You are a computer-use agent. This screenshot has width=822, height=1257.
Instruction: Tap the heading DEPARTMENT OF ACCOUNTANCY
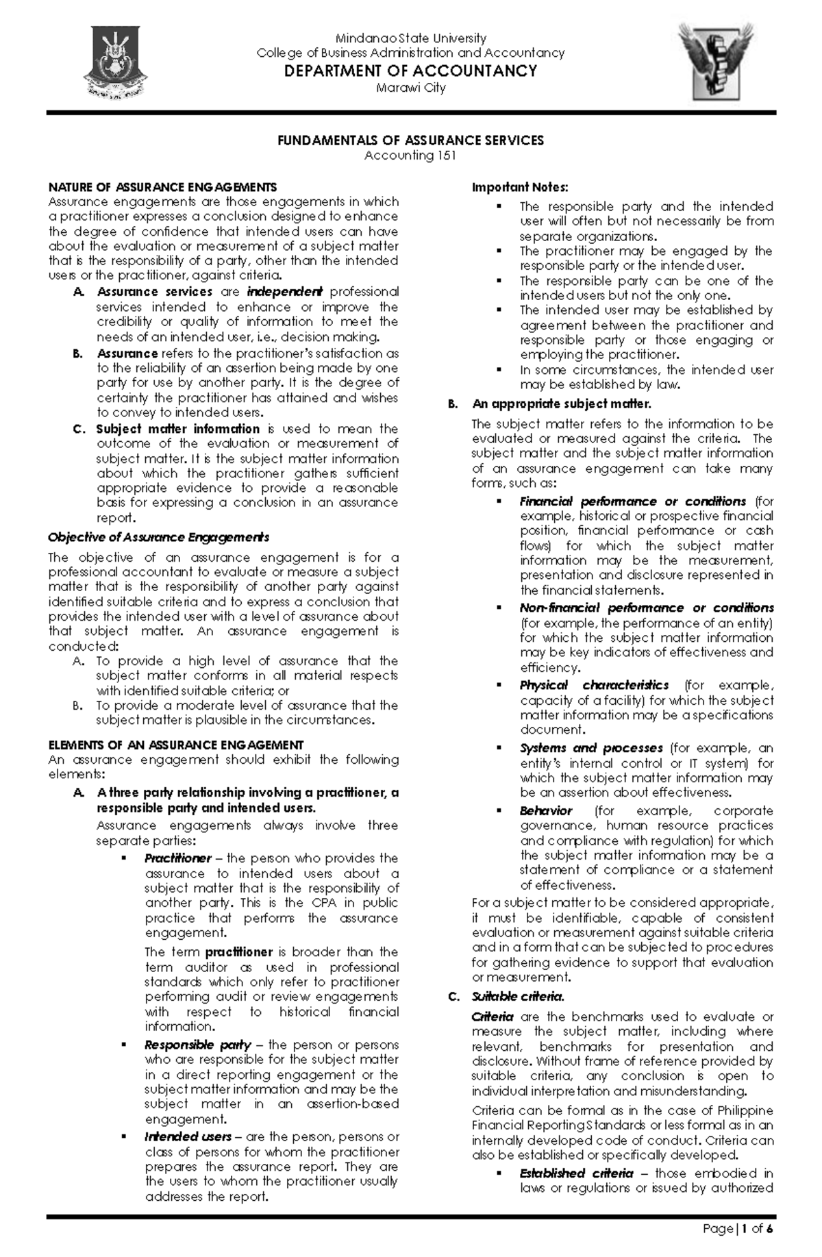[410, 71]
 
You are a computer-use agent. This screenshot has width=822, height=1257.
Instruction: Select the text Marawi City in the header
[410, 88]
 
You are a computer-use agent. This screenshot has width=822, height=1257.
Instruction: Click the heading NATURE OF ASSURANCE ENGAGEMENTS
[162, 187]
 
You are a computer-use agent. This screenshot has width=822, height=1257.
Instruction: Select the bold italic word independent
[284, 292]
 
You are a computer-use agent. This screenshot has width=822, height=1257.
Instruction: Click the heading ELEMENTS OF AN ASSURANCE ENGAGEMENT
[175, 745]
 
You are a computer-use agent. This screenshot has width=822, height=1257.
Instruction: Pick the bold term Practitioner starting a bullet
[177, 858]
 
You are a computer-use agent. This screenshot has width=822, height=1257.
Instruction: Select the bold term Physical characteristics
[594, 685]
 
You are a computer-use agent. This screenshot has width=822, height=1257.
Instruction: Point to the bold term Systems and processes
[590, 748]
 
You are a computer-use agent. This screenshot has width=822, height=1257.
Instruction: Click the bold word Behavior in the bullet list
[546, 811]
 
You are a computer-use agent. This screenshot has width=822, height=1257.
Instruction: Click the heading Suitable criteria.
[518, 997]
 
